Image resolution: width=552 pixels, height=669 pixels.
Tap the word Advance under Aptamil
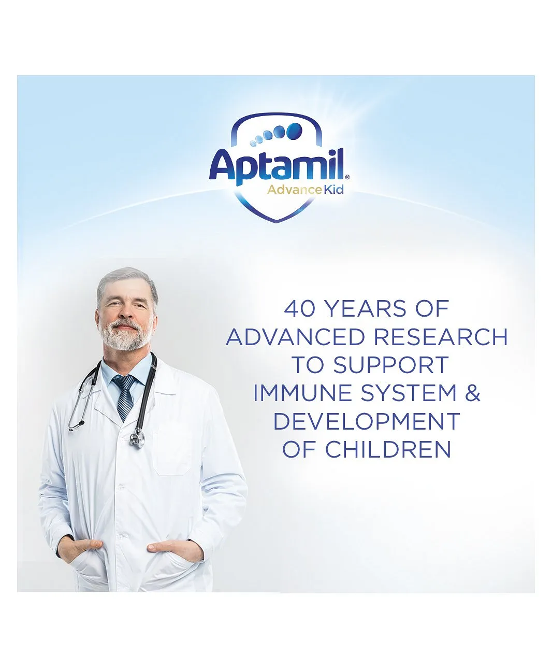point(294,190)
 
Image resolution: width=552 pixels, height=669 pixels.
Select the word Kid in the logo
point(333,190)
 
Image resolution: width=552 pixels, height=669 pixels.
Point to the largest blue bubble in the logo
point(294,131)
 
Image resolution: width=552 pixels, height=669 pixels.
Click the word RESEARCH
point(441,337)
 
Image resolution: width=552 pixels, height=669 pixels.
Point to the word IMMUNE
point(302,393)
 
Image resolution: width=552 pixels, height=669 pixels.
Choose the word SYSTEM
point(409,393)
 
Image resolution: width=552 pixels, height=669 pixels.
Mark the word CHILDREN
point(388,449)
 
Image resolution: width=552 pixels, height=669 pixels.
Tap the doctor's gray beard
point(125,335)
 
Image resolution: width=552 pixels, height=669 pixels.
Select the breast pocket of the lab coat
point(172,449)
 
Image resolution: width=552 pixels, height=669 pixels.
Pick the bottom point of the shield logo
point(277,222)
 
